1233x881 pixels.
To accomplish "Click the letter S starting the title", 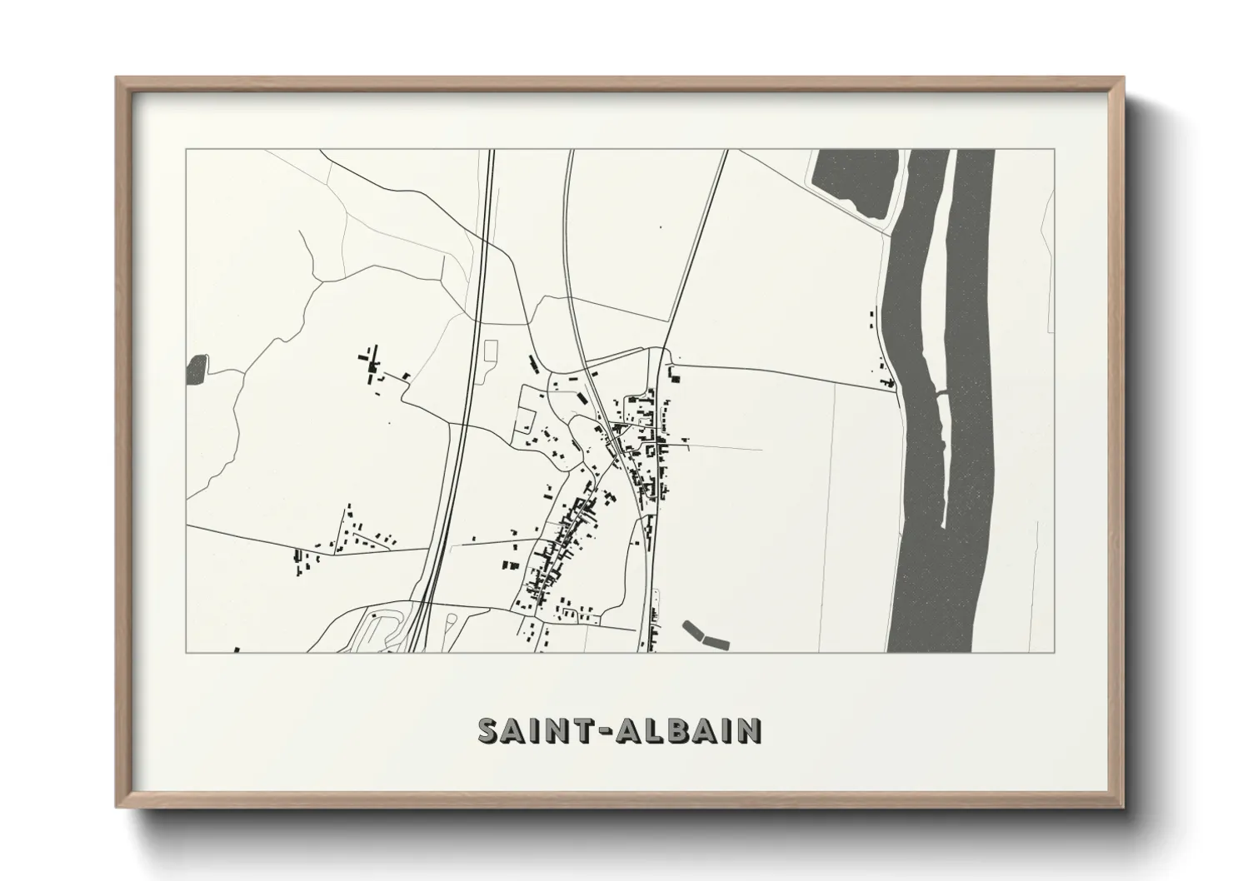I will tap(490, 730).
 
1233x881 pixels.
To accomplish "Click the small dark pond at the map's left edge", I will tap(197, 370).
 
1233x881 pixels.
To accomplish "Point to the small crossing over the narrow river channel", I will tap(941, 391).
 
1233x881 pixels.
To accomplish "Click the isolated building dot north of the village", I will tap(661, 226).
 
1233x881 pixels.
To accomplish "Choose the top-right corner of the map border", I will tap(1055, 150).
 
